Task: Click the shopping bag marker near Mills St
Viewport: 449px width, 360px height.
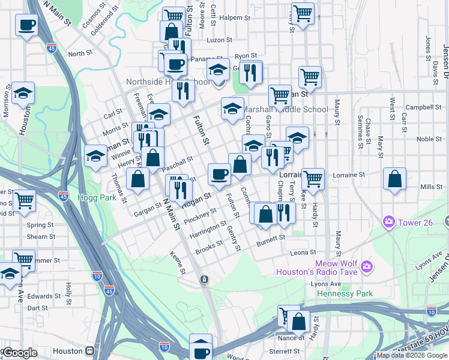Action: point(394,179)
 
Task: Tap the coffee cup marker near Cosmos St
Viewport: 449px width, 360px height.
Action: point(26,25)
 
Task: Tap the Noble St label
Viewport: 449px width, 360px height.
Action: point(429,139)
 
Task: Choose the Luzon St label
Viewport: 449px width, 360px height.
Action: point(219,40)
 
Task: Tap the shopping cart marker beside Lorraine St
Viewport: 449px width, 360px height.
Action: point(313,178)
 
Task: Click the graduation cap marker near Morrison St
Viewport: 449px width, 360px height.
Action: point(23,92)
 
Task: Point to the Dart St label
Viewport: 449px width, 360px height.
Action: point(38,308)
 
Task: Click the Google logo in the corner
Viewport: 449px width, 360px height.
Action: point(20,352)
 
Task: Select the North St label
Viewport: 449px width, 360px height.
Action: point(80,53)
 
